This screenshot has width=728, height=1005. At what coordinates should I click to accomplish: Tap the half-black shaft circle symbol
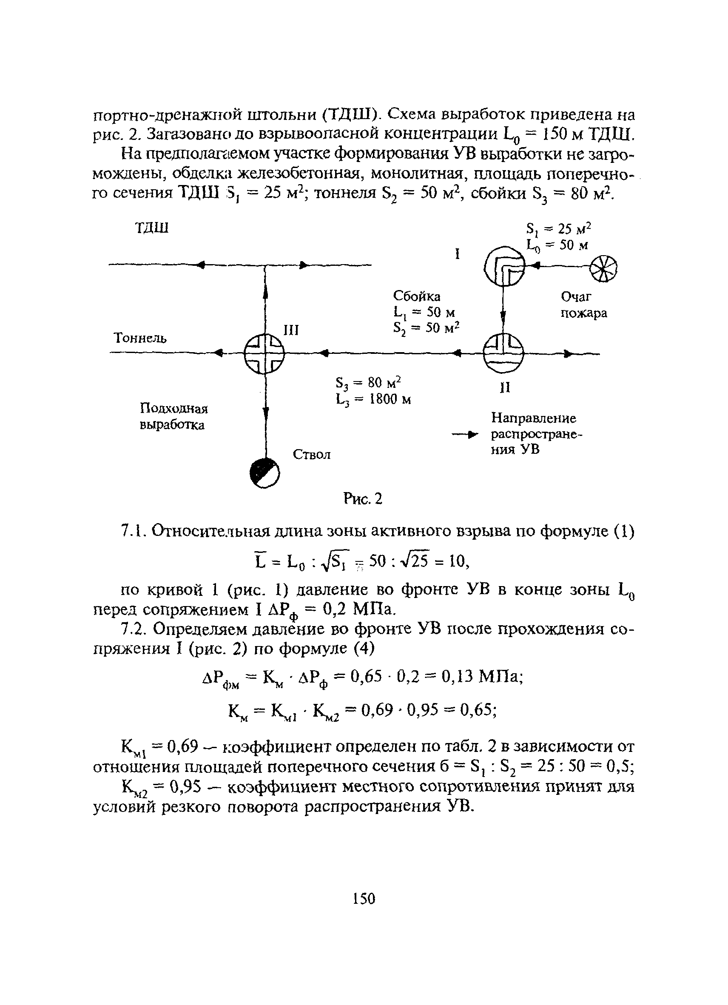pos(264,473)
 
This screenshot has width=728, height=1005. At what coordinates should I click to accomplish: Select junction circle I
pos(504,266)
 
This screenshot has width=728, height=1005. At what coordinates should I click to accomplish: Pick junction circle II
pos(503,353)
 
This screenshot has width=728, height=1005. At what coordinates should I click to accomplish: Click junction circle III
pos(264,353)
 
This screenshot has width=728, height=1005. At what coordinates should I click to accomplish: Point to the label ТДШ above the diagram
pos(151,229)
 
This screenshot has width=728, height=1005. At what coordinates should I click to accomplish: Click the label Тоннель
pos(140,339)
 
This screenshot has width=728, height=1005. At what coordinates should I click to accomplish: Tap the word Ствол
pos(312,455)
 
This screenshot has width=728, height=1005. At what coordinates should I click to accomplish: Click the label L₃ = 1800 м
pos(373,400)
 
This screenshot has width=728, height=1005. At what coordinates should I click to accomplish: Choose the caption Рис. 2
pos(362,499)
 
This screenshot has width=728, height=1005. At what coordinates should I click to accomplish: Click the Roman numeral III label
pos(291,330)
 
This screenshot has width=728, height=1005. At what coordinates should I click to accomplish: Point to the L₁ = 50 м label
pos(424,313)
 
